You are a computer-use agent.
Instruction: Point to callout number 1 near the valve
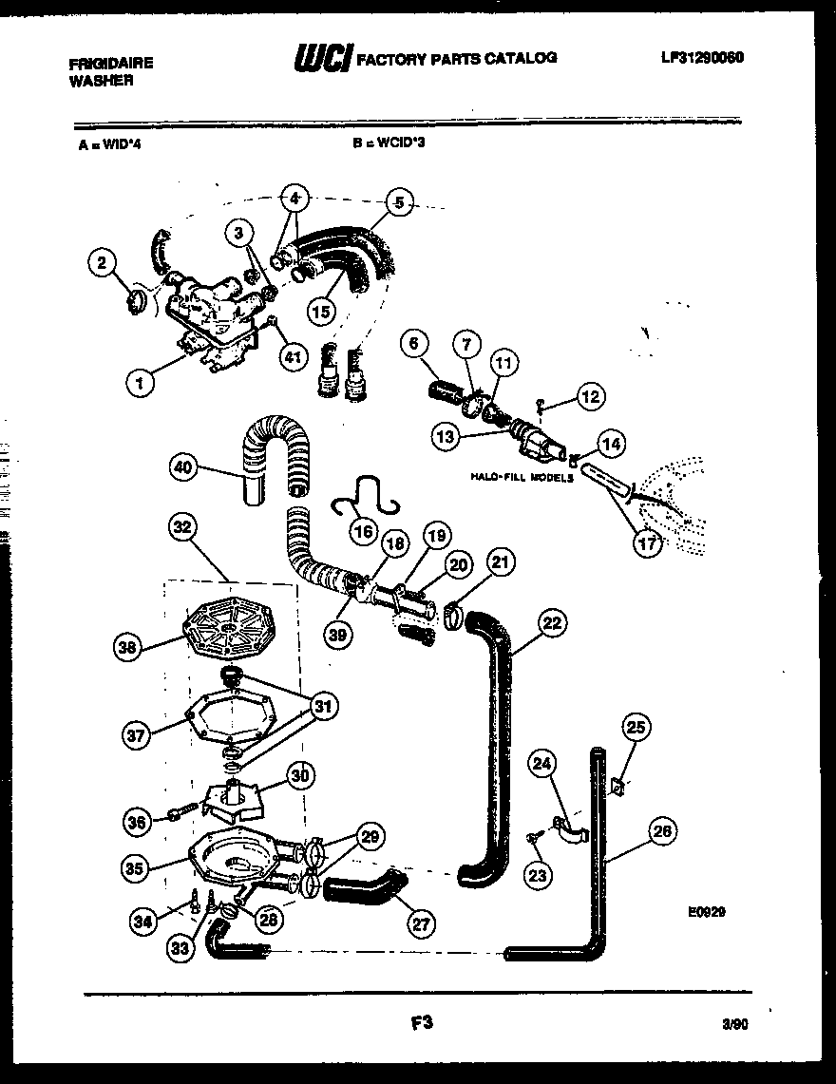point(141,383)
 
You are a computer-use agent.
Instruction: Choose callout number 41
point(293,357)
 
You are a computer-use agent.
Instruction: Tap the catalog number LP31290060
point(702,57)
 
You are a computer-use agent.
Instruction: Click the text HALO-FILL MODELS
point(522,478)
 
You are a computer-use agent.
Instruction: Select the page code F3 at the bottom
point(423,1023)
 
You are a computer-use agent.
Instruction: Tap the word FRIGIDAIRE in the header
point(110,64)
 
